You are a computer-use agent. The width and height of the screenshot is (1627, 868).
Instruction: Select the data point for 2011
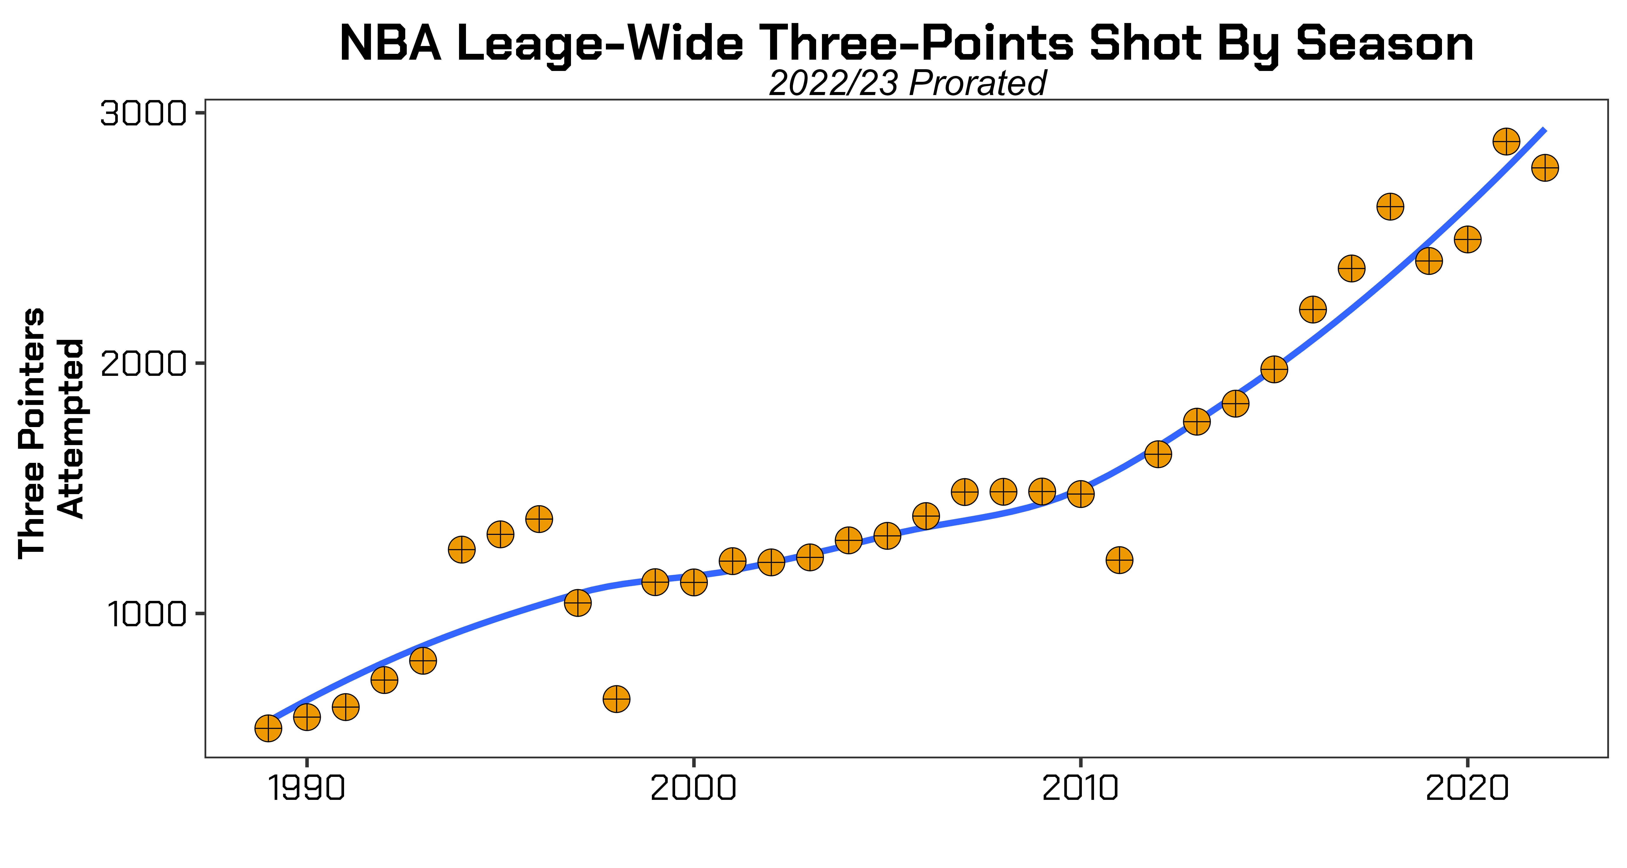coord(1119,560)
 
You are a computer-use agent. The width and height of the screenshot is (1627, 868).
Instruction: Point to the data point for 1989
coord(268,728)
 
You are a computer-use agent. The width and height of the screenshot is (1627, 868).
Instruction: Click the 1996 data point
coord(539,519)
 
